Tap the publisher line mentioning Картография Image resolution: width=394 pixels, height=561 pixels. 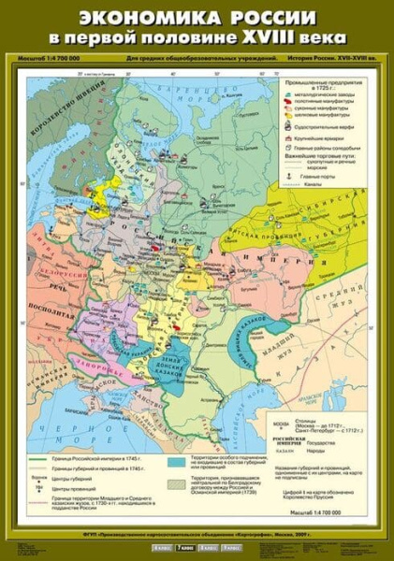197,532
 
